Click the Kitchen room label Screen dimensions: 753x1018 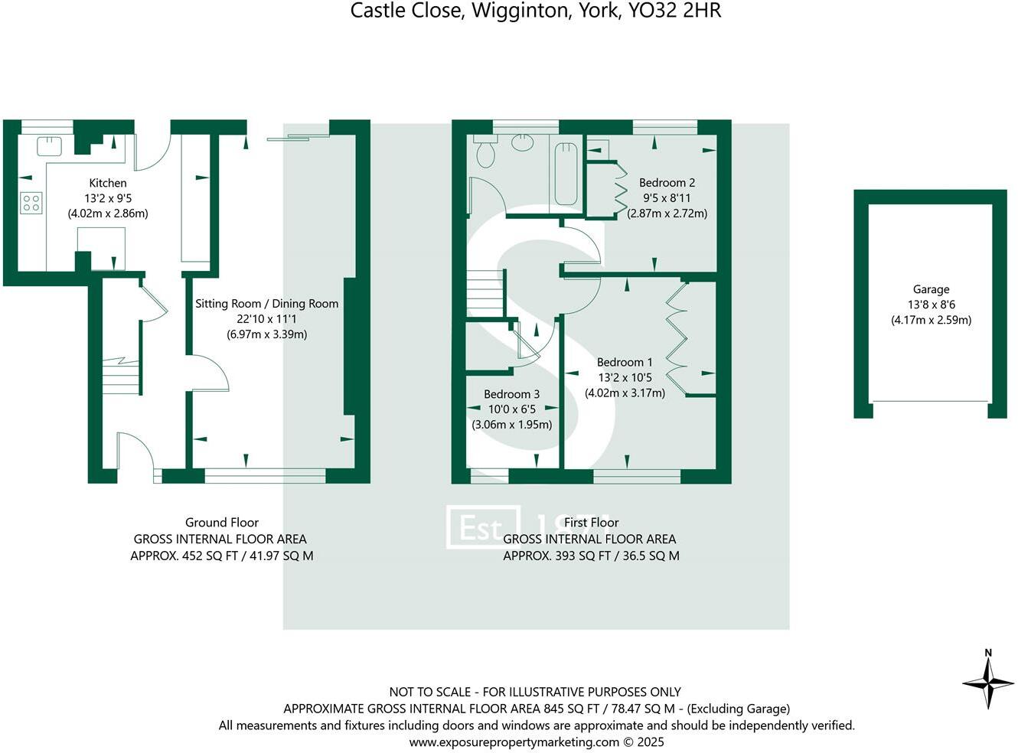[x=108, y=183]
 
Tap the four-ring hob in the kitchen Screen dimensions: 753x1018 [x=31, y=203]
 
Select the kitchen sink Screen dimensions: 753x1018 [x=50, y=145]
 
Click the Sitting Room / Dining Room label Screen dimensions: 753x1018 [x=266, y=304]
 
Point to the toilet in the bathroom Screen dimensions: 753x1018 [x=485, y=154]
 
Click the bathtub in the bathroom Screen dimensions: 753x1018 [x=566, y=173]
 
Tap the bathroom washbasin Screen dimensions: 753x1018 [x=524, y=142]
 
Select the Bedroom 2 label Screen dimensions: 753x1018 [x=667, y=183]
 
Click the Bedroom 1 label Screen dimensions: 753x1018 [x=625, y=363]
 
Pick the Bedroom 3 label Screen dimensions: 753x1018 [x=511, y=395]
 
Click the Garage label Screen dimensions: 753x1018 [x=931, y=289]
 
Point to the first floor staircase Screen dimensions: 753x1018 [x=484, y=294]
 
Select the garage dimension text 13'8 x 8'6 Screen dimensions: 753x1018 [x=931, y=305]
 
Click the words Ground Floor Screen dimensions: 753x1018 [x=222, y=523]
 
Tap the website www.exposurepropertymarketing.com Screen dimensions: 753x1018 [x=514, y=742]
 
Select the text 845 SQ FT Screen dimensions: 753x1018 [x=571, y=709]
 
